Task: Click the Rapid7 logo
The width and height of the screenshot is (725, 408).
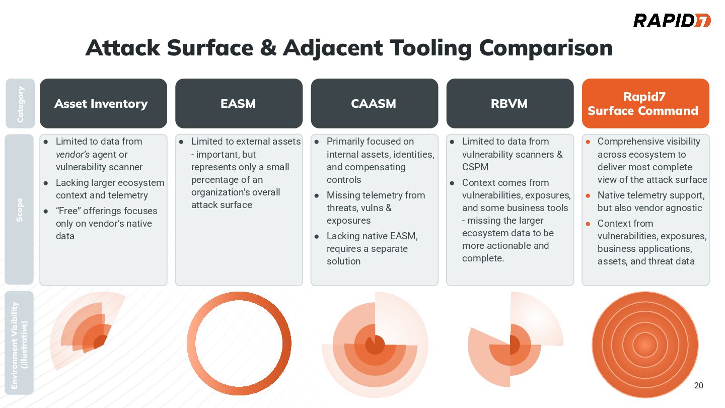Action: click(x=672, y=21)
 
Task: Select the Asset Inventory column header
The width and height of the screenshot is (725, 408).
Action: click(x=103, y=103)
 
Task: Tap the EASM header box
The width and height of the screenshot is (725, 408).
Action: click(x=239, y=103)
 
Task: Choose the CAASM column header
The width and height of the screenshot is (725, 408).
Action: click(x=374, y=103)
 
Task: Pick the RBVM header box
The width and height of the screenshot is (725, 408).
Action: click(x=510, y=103)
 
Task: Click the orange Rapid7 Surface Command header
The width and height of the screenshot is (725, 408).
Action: click(x=645, y=103)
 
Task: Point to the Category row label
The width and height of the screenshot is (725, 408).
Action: click(x=20, y=104)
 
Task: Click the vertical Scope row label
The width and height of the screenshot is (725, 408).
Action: click(x=20, y=210)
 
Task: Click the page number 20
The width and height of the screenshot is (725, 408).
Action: click(x=698, y=386)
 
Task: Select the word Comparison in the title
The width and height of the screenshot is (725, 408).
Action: click(x=546, y=48)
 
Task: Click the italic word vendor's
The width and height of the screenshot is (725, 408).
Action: click(x=72, y=155)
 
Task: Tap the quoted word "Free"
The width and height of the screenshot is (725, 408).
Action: click(x=70, y=211)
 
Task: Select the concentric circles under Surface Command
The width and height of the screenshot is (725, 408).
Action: click(x=645, y=345)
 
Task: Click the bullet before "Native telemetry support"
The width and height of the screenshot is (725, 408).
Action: click(x=588, y=195)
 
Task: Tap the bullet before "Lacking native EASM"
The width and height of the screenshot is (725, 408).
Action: click(x=317, y=236)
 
